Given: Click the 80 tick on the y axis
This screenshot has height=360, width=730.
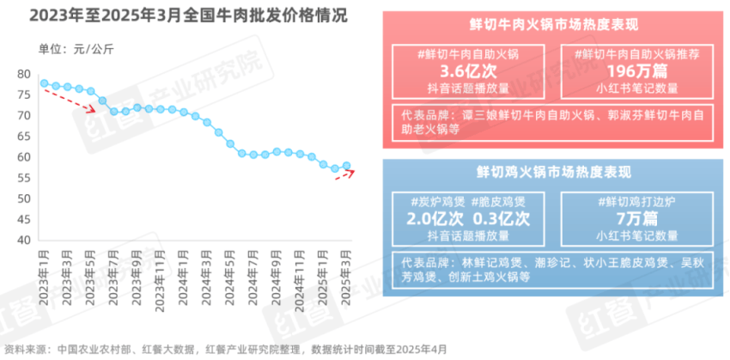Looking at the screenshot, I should point(24,74).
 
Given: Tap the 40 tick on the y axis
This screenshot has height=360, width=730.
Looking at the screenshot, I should point(24,241).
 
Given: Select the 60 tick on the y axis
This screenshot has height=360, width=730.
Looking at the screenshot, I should point(24,157).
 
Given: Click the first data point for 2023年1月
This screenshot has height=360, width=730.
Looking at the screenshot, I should point(43,83).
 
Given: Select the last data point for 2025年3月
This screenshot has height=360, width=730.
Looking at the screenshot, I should point(346,166).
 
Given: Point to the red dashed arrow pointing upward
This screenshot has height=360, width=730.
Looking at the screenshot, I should point(344,174).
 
